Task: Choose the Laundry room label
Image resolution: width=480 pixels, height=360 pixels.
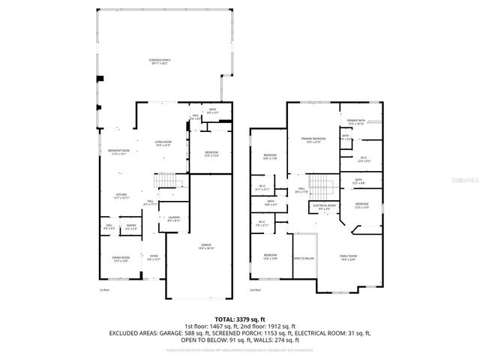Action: (173, 219)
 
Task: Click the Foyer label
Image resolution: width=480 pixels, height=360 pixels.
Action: (153, 259)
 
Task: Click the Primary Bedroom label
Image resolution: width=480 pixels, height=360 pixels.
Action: (313, 140)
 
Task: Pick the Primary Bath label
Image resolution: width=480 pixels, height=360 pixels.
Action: (355, 121)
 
